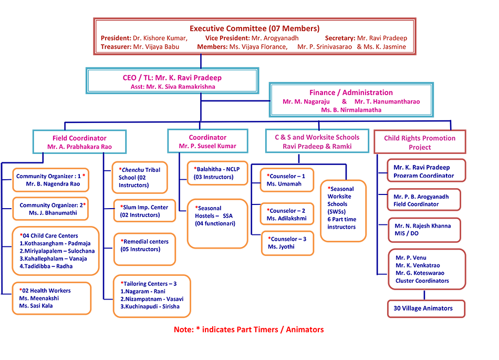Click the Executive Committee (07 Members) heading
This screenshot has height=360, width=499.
[254, 28]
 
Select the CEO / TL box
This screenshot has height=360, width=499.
[172, 81]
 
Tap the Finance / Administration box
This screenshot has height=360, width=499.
[351, 100]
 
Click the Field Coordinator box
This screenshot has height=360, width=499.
[79, 142]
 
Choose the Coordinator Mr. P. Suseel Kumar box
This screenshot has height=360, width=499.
[207, 141]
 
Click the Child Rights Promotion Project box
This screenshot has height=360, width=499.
[419, 142]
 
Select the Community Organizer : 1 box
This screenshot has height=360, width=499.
[50, 180]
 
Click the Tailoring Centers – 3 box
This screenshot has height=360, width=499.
[152, 295]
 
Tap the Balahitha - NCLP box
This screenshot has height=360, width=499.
[216, 173]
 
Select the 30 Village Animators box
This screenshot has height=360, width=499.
[426, 309]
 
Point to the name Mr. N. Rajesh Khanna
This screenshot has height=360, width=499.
[422, 226]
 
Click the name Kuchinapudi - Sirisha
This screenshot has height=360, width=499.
[150, 306]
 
